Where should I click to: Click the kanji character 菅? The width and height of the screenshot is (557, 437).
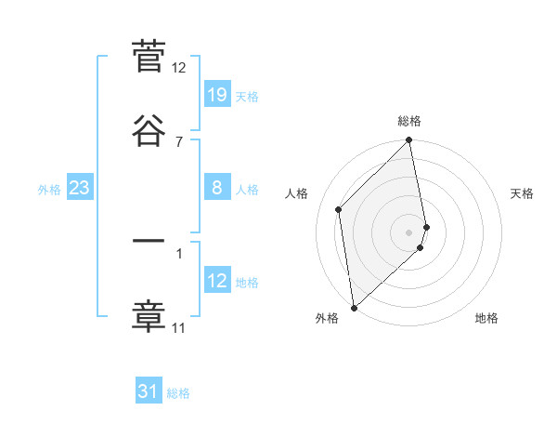click(x=149, y=58)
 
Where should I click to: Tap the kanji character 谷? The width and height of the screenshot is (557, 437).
click(x=149, y=131)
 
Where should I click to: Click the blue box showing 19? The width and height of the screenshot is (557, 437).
click(x=216, y=95)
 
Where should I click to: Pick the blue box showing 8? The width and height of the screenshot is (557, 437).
click(x=216, y=188)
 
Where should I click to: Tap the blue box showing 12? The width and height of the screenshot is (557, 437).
click(x=216, y=280)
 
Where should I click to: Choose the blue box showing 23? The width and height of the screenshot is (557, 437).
click(x=79, y=189)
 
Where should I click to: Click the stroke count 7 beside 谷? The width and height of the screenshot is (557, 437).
click(x=179, y=141)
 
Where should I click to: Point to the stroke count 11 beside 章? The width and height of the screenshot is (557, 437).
click(x=179, y=327)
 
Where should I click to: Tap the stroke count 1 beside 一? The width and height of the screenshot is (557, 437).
click(x=179, y=252)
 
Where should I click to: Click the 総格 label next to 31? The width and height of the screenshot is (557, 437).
click(x=178, y=393)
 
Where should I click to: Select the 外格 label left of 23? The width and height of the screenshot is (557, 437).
click(x=49, y=190)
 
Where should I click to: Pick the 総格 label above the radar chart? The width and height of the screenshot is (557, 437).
click(x=409, y=121)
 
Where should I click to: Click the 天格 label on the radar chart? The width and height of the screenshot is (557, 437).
click(x=522, y=193)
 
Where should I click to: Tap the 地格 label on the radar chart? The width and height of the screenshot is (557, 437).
click(x=486, y=318)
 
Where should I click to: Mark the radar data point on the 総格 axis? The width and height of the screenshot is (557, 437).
click(x=409, y=141)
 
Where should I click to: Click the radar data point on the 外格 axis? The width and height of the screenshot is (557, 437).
click(x=354, y=307)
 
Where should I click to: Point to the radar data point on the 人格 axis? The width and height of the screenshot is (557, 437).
click(x=339, y=209)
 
